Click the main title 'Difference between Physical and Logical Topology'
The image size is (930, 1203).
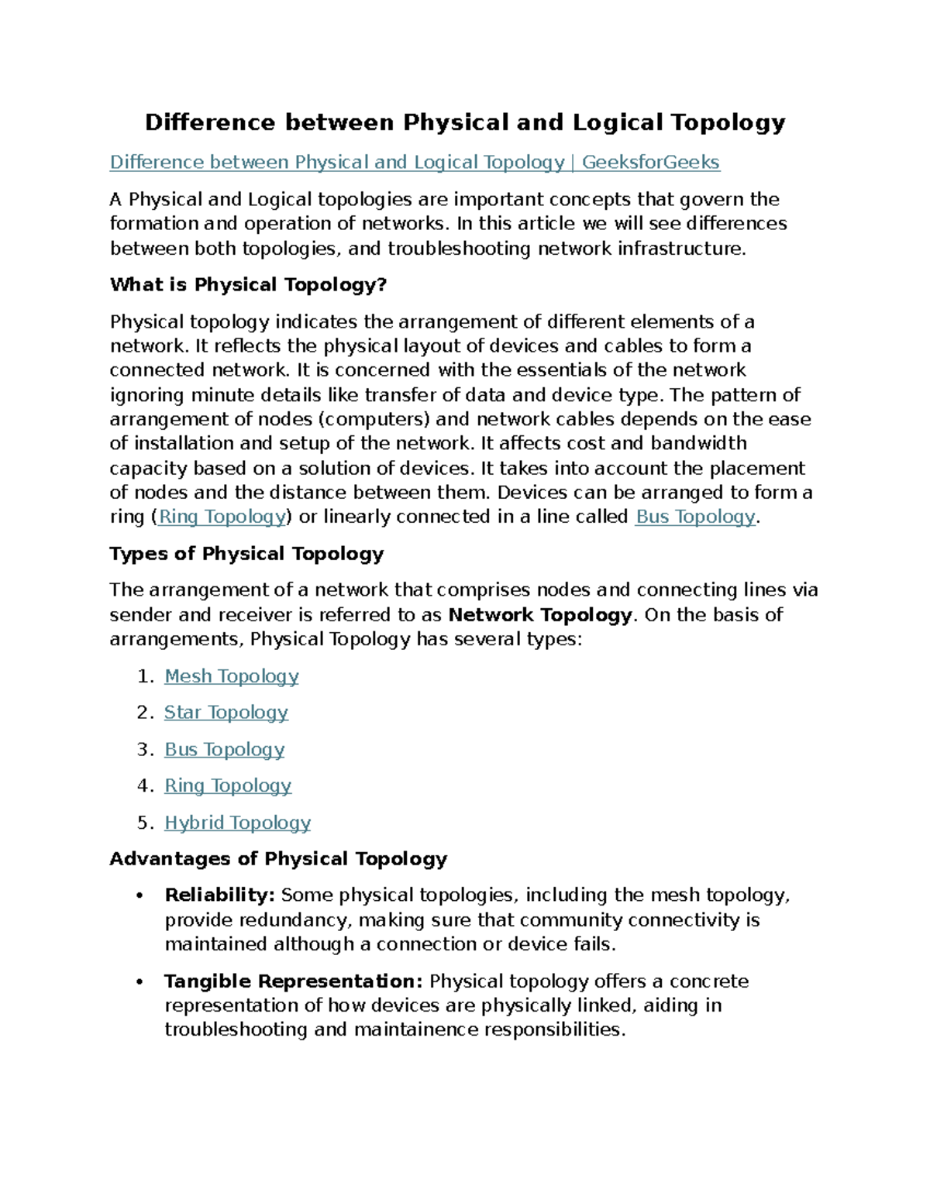[465, 122]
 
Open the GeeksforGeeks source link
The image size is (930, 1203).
[415, 163]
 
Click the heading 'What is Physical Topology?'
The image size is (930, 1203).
[248, 285]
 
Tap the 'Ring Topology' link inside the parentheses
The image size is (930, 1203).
[222, 517]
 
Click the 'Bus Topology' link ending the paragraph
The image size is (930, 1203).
[694, 517]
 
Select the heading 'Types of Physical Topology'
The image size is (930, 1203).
[246, 554]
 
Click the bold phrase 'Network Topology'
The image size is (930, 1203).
[540, 615]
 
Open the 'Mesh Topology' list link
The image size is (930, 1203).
[231, 676]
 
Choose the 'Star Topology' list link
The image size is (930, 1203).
[226, 713]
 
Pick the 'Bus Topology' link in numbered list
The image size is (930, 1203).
[224, 750]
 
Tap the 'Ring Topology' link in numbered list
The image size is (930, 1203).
[228, 786]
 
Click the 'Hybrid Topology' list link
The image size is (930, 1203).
[237, 823]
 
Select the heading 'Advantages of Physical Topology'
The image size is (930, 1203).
[278, 859]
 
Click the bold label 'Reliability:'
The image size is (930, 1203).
[219, 895]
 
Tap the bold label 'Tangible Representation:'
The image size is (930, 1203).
[294, 981]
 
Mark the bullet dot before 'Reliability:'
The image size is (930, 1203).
[139, 896]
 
